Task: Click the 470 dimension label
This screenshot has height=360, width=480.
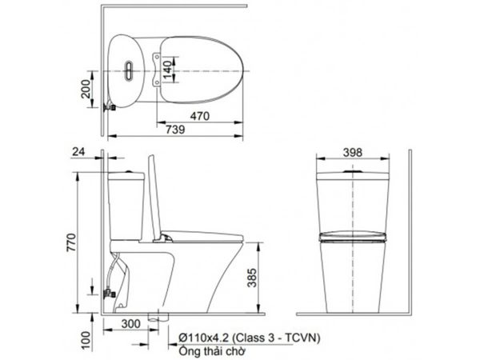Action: tap(200, 116)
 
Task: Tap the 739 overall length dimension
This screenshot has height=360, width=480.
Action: tap(175, 129)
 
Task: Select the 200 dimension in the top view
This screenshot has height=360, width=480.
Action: tap(86, 89)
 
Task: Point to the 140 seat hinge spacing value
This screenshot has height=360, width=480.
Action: tap(167, 70)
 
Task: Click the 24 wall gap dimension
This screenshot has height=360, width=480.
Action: tap(78, 151)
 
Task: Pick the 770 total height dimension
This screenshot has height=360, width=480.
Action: tap(71, 242)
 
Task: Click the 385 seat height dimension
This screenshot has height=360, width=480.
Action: tap(252, 278)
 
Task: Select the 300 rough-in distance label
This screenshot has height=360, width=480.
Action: tap(131, 323)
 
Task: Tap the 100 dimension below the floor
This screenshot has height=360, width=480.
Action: tap(86, 341)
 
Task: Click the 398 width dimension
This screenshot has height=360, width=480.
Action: tap(353, 152)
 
